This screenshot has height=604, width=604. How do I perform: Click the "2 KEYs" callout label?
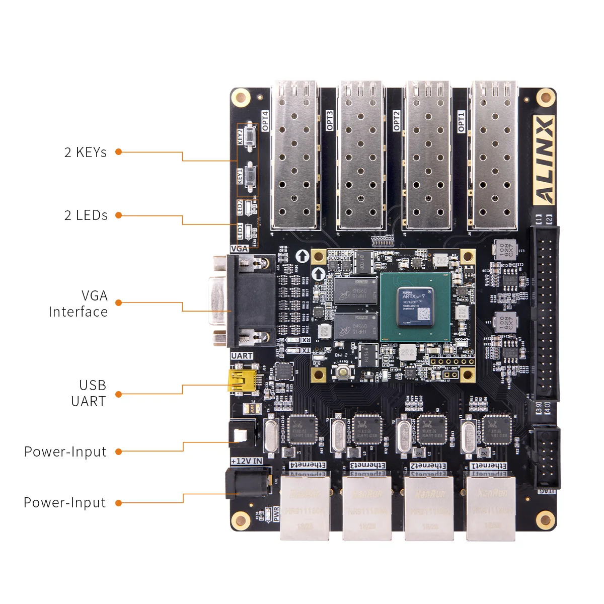tap(86, 152)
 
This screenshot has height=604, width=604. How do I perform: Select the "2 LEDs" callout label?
tap(86, 215)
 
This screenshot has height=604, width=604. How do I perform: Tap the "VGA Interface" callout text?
tap(79, 304)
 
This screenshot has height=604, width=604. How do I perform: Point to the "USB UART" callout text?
tap(89, 393)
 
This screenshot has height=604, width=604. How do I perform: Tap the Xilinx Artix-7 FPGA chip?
tap(415, 307)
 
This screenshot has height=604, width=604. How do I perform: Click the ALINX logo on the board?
tap(544, 161)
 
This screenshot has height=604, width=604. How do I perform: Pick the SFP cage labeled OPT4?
tap(295, 156)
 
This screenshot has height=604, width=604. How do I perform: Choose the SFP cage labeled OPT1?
tap(494, 156)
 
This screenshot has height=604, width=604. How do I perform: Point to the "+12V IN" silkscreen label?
tap(247, 461)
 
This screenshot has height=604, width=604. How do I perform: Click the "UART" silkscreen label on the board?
tap(242, 356)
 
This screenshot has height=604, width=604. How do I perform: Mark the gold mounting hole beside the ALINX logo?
tap(545, 98)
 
